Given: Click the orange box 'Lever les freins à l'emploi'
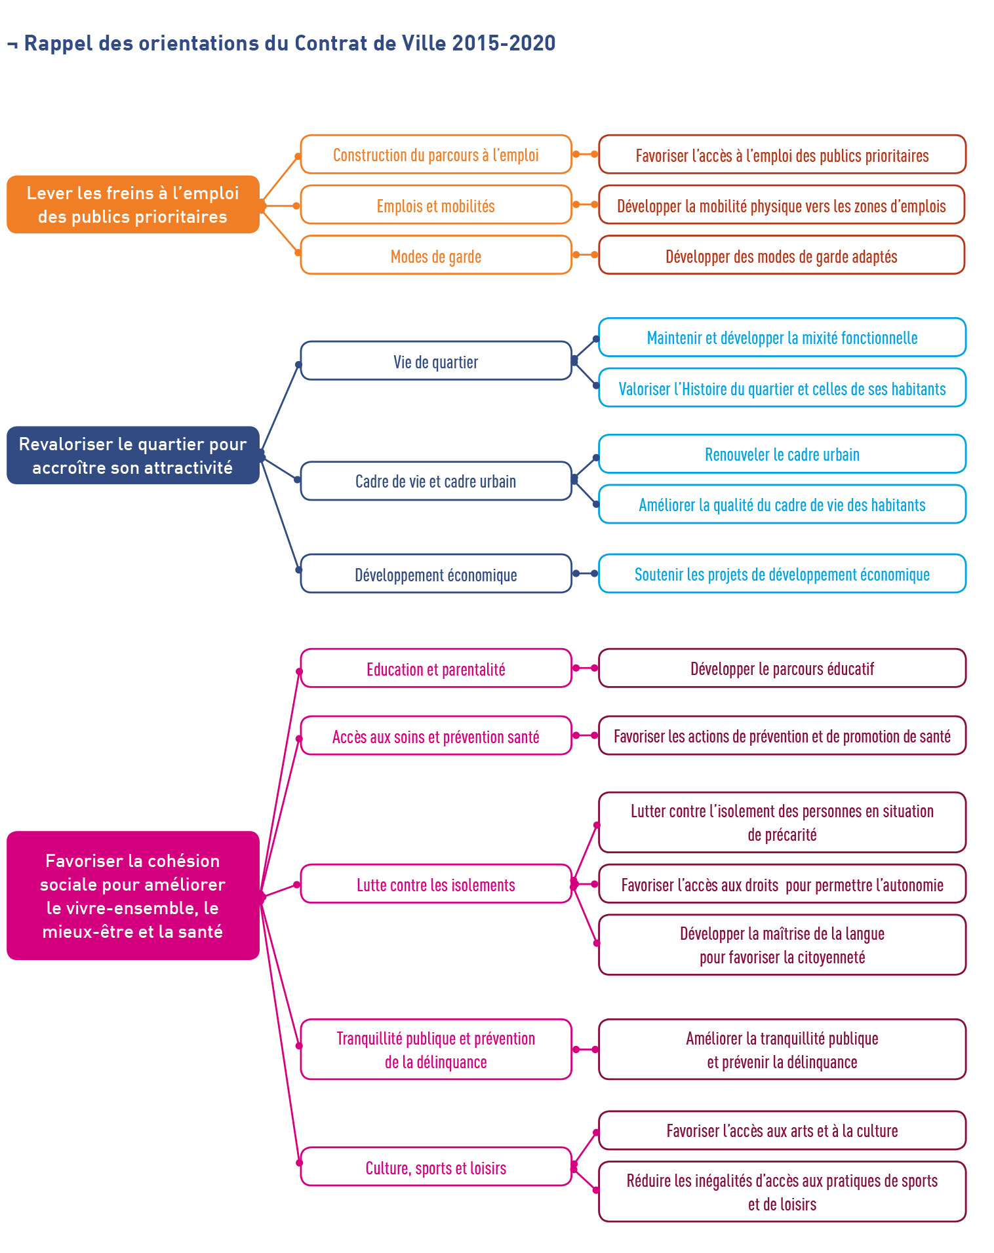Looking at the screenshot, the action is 133,204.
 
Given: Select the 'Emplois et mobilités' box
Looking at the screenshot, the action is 436,204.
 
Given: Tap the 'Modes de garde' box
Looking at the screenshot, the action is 436,255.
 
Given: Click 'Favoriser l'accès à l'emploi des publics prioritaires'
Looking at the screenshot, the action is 782,155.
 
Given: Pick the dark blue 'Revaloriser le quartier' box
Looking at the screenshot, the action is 133,455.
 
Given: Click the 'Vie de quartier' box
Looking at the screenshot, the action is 436,360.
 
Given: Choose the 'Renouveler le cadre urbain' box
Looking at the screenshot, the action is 782,453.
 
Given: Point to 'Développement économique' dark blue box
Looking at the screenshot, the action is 436,573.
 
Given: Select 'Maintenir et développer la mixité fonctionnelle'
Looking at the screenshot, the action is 782,337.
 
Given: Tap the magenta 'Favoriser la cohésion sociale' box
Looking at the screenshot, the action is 133,895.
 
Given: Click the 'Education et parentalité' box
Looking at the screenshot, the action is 436,668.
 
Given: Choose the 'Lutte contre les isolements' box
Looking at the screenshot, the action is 436,884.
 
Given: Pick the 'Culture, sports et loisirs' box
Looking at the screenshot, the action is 436,1166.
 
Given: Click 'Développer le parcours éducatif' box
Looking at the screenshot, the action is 782,668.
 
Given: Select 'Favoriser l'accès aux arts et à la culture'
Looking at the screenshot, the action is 782,1130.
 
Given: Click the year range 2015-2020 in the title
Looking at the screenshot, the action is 504,43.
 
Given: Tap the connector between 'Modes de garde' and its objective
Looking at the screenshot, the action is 585,254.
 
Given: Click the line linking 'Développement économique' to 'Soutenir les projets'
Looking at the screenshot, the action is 585,573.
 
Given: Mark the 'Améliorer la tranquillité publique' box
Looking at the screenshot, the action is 782,1049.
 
